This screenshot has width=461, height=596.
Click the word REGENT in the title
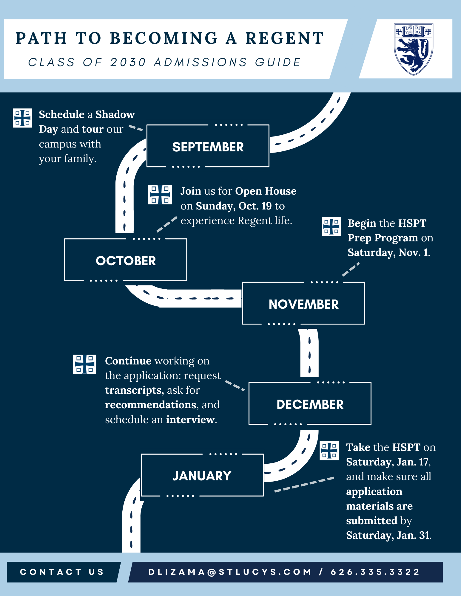click(285, 38)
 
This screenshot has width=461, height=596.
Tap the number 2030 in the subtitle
click(128, 62)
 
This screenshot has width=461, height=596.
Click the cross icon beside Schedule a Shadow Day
click(22, 118)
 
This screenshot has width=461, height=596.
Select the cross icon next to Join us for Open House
click(160, 195)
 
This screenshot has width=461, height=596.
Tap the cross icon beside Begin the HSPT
click(331, 226)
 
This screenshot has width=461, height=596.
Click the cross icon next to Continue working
click(85, 364)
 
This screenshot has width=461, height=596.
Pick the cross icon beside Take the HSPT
click(329, 451)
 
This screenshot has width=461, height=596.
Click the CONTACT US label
click(62, 572)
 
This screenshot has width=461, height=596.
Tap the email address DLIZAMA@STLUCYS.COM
click(230, 572)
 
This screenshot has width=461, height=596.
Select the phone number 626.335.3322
click(375, 572)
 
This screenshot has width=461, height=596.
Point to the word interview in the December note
click(190, 420)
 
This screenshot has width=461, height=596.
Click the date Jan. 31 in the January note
click(413, 535)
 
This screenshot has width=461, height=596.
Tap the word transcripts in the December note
click(133, 390)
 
